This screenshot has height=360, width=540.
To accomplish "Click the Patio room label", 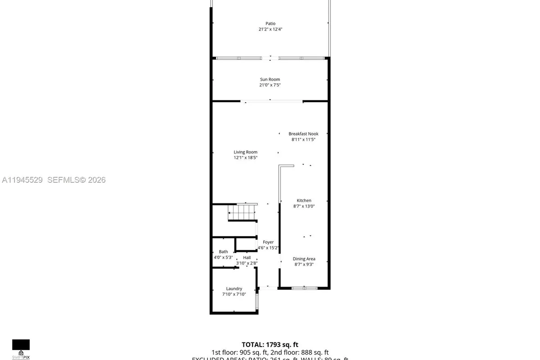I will point(270,23).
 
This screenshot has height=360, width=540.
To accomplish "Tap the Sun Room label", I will point(270,80).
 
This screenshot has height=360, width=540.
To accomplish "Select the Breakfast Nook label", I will point(303,134).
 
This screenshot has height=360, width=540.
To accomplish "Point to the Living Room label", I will point(245,152).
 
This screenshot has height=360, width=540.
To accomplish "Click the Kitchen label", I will point(304,201).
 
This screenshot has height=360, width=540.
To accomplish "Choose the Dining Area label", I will point(304,259).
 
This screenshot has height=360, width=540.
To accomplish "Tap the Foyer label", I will point(268,242).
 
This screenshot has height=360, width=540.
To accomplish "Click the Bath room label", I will point(223,252).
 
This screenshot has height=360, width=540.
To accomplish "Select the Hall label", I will point(247,257).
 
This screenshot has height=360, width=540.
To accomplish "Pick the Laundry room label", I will point(234,288).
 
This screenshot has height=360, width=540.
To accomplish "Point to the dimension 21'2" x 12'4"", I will point(270,29).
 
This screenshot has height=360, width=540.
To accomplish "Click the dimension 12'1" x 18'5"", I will point(245,157).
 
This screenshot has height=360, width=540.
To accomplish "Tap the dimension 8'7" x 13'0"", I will point(304,206).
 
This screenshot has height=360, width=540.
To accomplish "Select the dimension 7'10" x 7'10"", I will point(234,294).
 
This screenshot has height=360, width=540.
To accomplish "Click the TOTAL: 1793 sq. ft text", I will point(270,345).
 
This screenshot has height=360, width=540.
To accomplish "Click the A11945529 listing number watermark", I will point(22,180).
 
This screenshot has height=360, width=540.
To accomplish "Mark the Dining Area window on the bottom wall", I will point(305,288).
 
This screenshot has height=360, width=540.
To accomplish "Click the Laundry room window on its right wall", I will point(257,302).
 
